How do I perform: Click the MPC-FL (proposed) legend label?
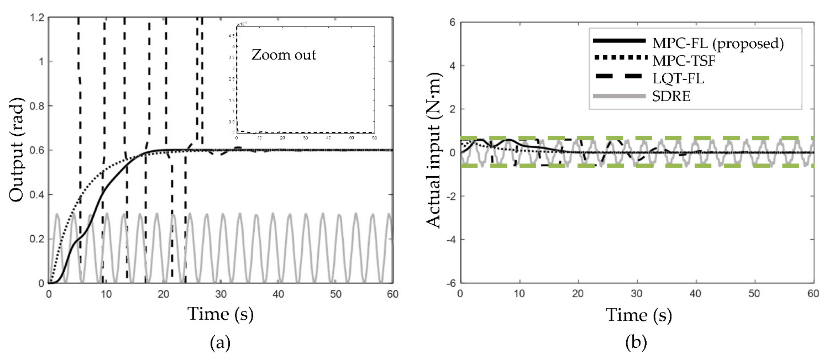718,43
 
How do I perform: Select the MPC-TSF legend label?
684,60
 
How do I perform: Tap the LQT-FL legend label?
678,78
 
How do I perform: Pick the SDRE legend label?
671,96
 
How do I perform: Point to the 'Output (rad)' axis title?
17,150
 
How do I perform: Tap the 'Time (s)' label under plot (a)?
220,314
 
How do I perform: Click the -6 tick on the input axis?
452,283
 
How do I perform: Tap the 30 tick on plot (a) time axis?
221,294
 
